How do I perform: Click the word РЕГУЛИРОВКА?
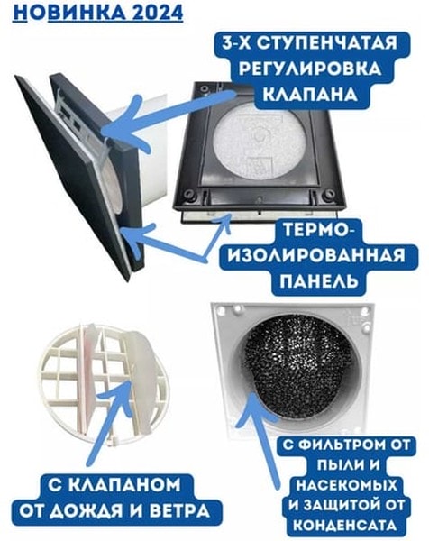(310, 69)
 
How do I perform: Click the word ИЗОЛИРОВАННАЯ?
(317, 256)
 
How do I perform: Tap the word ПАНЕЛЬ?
(318, 280)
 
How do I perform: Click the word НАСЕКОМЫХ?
(347, 485)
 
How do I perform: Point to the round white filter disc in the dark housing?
(259, 142)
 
